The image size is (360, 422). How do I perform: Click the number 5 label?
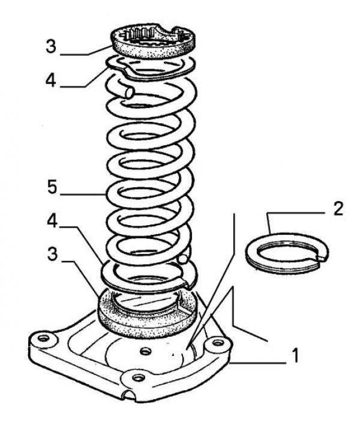52,187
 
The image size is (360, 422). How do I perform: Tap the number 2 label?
338,208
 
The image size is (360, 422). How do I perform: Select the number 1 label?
295,355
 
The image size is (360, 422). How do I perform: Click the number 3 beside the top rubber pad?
51,46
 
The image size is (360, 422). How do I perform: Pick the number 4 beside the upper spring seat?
51,80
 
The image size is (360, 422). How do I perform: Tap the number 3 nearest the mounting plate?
52,254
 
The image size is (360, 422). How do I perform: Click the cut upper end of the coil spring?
129,92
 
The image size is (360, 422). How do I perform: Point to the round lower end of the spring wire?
182,259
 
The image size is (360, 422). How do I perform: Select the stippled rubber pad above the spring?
153,43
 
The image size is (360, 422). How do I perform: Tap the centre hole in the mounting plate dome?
146,351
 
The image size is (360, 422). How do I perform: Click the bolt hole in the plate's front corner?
138,378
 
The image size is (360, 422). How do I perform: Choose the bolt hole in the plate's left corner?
43,338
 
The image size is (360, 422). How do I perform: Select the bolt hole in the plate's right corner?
217,343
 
